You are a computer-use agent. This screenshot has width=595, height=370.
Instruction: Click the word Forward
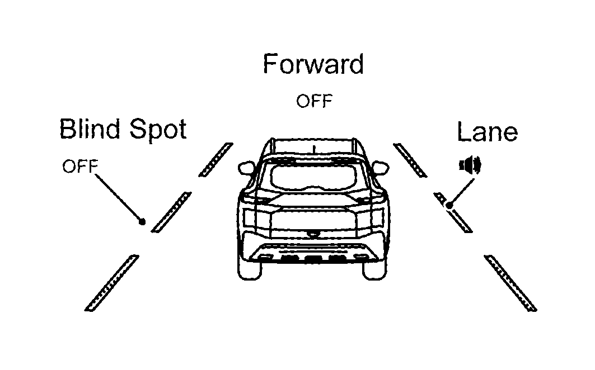point(313,64)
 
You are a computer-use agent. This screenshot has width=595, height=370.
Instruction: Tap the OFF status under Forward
point(314,101)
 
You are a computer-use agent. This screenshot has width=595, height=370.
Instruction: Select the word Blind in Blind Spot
point(90,129)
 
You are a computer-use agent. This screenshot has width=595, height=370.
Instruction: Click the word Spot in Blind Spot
point(158,130)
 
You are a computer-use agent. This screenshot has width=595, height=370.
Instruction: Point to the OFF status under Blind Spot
point(80,167)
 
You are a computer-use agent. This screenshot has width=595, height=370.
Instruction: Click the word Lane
point(487,132)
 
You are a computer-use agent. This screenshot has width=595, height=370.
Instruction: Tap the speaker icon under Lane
point(470,165)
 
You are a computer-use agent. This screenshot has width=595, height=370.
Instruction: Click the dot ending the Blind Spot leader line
point(142,221)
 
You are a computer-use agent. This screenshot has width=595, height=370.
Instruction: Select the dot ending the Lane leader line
point(449,206)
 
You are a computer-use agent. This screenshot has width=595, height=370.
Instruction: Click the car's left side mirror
point(246,168)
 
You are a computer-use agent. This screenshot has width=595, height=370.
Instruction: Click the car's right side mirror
point(381,168)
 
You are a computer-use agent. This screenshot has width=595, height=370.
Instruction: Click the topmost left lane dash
point(216,160)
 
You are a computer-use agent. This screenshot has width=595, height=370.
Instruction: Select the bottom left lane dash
point(111,283)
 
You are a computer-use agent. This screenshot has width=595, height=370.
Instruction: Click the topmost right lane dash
point(410,160)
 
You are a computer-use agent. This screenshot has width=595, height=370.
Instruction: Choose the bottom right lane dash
point(510,283)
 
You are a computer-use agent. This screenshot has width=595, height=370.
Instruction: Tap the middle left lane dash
point(171,212)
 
